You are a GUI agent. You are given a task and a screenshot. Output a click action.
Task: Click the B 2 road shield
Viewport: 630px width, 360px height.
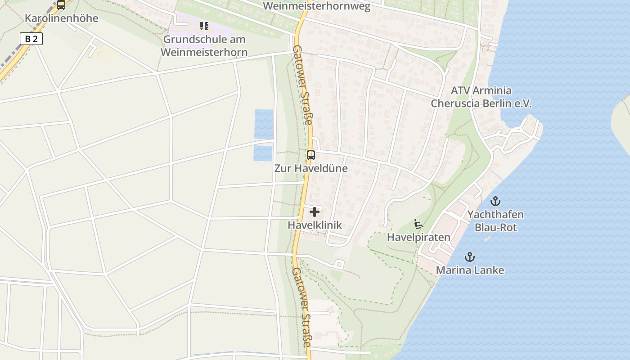tap(31, 39)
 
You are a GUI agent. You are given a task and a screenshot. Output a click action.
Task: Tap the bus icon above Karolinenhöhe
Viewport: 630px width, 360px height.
tap(61, 5)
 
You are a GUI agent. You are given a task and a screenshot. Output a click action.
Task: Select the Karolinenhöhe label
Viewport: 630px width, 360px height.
tap(61, 18)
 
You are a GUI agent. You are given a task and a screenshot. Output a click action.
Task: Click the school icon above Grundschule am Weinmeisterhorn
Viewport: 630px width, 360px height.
tap(204, 26)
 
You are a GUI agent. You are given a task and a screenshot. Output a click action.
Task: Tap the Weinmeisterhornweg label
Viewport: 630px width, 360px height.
tap(316, 6)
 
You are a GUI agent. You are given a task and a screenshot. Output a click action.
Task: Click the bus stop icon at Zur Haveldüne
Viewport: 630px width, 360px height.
tap(310, 155)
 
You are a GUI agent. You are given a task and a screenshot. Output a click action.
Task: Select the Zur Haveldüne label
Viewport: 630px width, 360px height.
tap(311, 169)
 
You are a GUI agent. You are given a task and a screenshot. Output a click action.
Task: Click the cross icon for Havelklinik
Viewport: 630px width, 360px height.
tap(315, 211)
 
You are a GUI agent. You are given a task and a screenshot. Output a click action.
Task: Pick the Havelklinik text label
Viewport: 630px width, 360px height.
tap(315, 225)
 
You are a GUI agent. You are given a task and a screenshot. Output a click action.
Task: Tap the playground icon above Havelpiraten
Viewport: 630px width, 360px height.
tap(418, 224)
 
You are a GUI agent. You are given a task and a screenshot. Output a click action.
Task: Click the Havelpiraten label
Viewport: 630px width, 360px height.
tap(418, 237)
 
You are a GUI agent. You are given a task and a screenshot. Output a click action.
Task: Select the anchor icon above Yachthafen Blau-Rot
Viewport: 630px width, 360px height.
tap(495, 201)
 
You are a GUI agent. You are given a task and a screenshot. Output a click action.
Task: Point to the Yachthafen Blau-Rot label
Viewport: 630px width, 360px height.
tap(495, 221)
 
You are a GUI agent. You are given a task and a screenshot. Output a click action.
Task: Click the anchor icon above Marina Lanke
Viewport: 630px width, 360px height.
tap(469, 257)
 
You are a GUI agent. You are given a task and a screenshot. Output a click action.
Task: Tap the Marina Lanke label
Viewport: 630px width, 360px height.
tap(470, 270)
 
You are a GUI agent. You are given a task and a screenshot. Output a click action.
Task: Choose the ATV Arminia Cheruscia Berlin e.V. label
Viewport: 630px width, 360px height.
tap(481, 97)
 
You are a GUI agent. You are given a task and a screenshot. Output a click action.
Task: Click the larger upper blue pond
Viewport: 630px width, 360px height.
tap(264, 124)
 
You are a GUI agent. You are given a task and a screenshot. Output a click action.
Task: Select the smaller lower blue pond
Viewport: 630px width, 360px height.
tap(263, 153)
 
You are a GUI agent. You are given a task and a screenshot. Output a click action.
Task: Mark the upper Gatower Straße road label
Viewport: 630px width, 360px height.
tap(302, 85)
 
